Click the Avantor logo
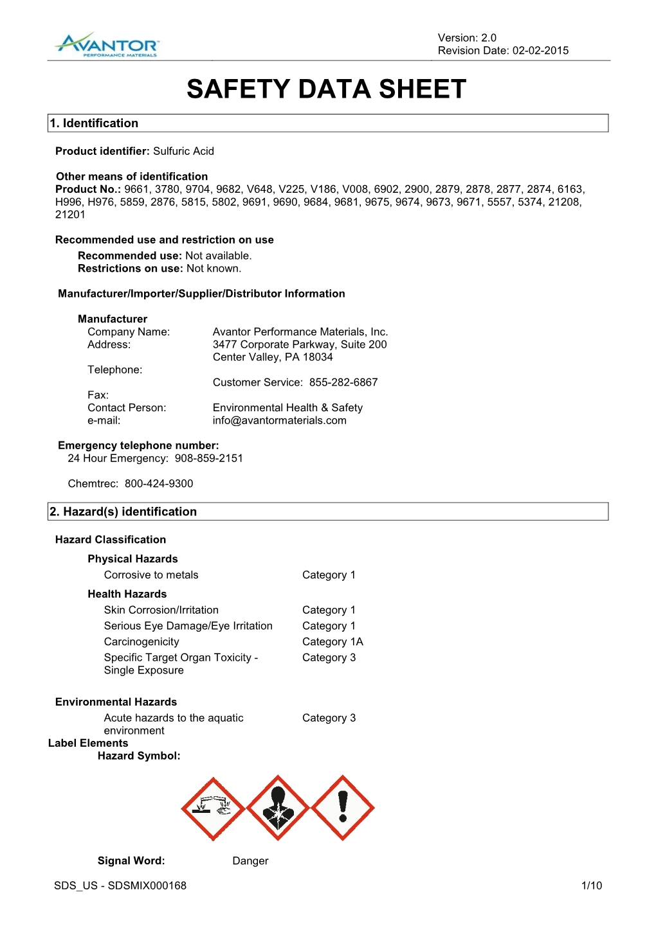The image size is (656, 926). pyautogui.click(x=107, y=45)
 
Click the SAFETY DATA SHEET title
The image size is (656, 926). pyautogui.click(x=326, y=89)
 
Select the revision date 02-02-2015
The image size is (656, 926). pyautogui.click(x=540, y=51)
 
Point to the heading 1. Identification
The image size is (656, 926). pyautogui.click(x=94, y=123)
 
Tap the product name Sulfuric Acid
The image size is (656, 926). pyautogui.click(x=183, y=151)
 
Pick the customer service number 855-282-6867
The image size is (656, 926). pyautogui.click(x=343, y=382)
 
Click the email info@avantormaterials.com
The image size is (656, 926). pyautogui.click(x=279, y=420)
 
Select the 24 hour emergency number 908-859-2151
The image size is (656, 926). pyautogui.click(x=209, y=458)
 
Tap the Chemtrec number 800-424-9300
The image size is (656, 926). pyautogui.click(x=159, y=483)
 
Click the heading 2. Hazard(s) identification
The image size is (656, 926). pyautogui.click(x=123, y=512)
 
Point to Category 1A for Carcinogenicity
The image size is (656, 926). pyautogui.click(x=333, y=641)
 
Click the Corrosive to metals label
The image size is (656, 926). pyautogui.click(x=151, y=574)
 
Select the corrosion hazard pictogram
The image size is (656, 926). pyautogui.click(x=213, y=808)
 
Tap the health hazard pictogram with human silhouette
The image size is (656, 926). pyautogui.click(x=278, y=808)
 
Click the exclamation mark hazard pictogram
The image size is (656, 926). pyautogui.click(x=343, y=808)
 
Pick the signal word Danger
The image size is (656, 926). pyautogui.click(x=250, y=860)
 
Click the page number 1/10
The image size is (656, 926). pyautogui.click(x=591, y=886)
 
